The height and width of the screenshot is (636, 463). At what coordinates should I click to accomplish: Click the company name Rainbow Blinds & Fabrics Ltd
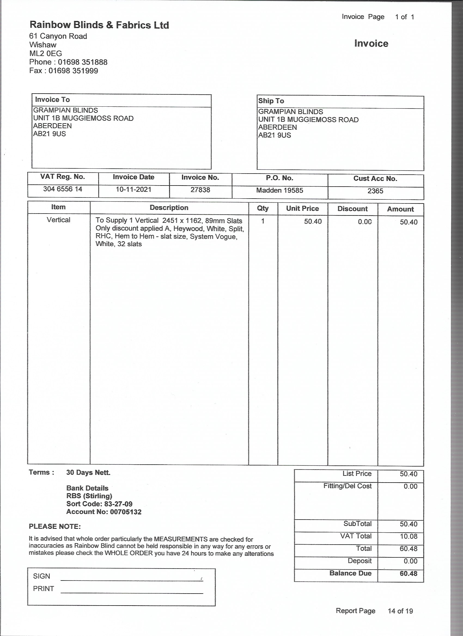[99, 25]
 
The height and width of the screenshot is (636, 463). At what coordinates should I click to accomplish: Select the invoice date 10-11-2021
[133, 190]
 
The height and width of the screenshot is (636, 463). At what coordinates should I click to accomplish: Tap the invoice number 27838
[200, 190]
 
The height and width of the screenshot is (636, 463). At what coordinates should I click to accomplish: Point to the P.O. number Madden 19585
[280, 190]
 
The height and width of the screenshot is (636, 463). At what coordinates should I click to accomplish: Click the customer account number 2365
[375, 191]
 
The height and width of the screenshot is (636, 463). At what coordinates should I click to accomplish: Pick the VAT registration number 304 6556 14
[63, 189]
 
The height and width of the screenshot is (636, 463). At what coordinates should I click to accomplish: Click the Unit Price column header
[302, 208]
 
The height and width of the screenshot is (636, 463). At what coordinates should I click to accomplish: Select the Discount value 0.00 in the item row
[365, 222]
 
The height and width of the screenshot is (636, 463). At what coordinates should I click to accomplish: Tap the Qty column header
[263, 208]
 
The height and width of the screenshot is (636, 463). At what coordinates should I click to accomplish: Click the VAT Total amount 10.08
[409, 536]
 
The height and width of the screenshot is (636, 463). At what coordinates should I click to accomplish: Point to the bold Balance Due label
[351, 573]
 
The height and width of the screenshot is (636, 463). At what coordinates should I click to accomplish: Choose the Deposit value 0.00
[410, 561]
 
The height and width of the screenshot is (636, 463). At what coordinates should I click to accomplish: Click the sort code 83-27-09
[118, 504]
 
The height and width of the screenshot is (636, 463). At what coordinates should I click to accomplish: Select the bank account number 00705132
[126, 512]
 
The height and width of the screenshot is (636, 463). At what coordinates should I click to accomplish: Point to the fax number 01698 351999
[73, 71]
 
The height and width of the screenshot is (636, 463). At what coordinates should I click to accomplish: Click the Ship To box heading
[271, 101]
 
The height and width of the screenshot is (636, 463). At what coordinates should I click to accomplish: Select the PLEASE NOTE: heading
[55, 526]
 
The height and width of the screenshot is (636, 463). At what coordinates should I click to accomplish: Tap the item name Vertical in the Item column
[58, 220]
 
